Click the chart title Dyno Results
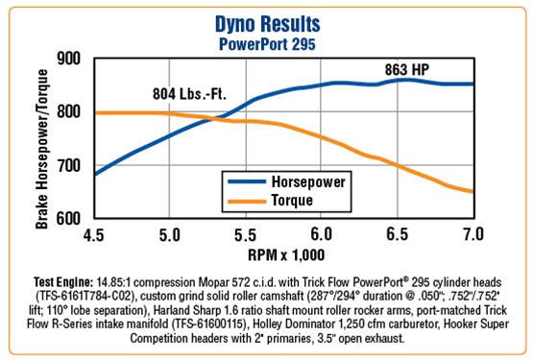(x=268, y=24)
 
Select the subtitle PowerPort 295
(x=267, y=44)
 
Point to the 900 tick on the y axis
(x=69, y=59)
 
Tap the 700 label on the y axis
(x=69, y=166)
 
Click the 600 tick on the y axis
(x=69, y=219)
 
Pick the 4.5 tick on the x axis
(x=93, y=234)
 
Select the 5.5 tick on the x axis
(x=245, y=234)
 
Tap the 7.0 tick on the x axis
(x=473, y=234)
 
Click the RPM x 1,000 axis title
(x=286, y=255)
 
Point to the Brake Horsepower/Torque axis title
(x=42, y=149)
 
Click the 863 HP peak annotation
(x=407, y=70)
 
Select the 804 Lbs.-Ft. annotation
(x=189, y=94)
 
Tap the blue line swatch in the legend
(x=247, y=181)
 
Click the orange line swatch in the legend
(x=247, y=202)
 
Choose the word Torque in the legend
(x=292, y=201)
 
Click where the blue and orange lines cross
(x=215, y=119)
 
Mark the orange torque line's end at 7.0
(x=472, y=191)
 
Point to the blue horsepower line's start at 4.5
(x=95, y=175)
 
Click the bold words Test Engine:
(x=62, y=282)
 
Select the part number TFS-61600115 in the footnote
(x=208, y=324)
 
